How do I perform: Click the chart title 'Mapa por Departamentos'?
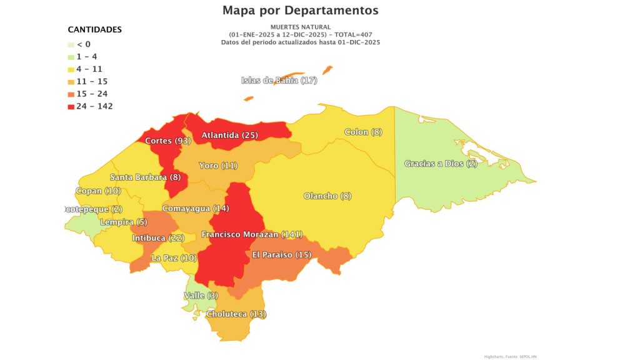tap(300, 11)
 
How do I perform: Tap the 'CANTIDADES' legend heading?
tap(94, 29)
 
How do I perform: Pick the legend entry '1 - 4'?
tap(82, 56)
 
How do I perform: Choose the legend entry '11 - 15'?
tap(87, 81)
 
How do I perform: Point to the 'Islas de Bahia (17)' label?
tap(279, 81)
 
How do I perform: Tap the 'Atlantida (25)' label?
tap(229, 136)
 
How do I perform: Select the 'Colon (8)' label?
tap(363, 132)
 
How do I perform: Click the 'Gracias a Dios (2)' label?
tap(441, 164)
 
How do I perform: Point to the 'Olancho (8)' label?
tap(327, 196)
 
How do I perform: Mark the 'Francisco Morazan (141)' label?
tap(252, 234)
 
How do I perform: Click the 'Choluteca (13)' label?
tap(236, 314)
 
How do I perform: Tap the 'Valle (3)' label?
tap(201, 296)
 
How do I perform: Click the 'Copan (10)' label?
tap(99, 191)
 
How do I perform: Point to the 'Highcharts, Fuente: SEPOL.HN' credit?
tap(510, 356)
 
